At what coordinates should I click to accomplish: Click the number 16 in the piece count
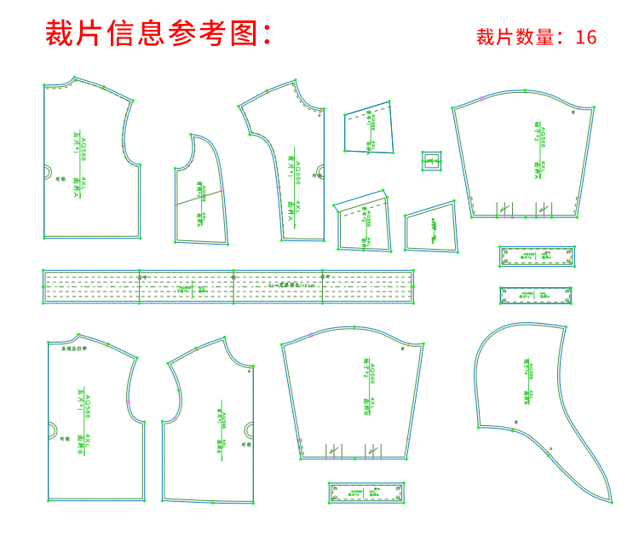pos(585,37)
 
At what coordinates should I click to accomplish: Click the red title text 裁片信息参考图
pos(158,33)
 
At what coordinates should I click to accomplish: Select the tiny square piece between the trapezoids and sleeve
pos(432,160)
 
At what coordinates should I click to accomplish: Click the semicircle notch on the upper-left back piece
pos(48,171)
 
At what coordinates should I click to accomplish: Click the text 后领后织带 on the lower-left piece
pos(72,348)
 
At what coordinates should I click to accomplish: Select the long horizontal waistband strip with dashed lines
pos(228,287)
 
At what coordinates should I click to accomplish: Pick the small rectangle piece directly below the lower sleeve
pos(366,493)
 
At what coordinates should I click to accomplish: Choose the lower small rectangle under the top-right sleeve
pos(535,295)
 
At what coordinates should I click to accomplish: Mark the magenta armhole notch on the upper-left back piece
pos(124,144)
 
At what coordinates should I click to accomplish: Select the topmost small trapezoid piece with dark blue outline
pos(370,130)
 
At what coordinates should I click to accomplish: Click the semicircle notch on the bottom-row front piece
pos(249,429)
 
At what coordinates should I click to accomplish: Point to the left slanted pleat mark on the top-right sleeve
pos(504,208)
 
